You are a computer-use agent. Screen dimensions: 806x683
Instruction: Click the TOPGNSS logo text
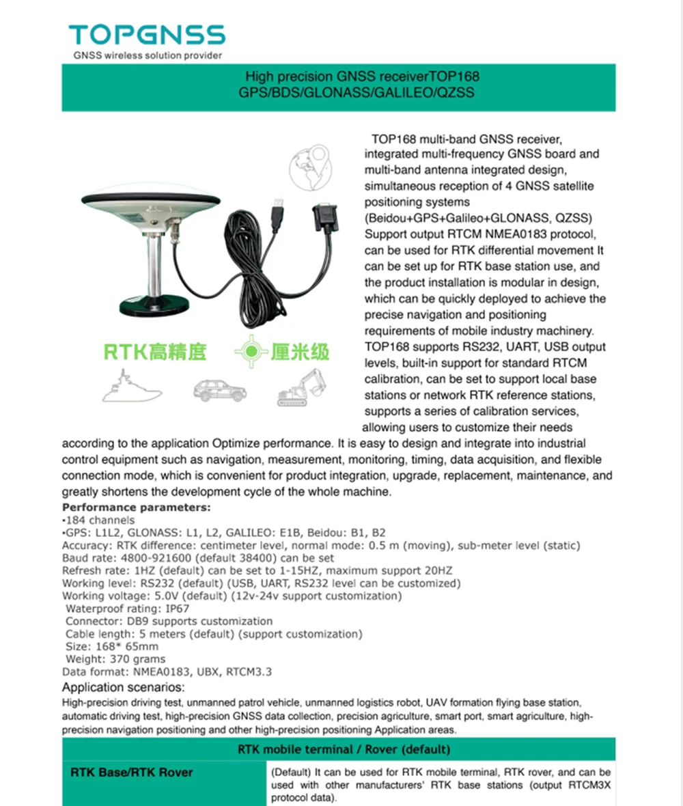[146, 36]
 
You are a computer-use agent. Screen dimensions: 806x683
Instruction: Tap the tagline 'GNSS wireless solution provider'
[148, 55]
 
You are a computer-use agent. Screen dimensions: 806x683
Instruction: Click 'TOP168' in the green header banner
[456, 77]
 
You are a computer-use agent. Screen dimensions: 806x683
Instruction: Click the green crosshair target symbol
[252, 352]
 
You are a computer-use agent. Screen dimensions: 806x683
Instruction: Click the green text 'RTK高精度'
[154, 352]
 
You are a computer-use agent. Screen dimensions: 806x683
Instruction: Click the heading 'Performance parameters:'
[137, 508]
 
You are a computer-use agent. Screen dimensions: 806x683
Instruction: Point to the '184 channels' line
[100, 520]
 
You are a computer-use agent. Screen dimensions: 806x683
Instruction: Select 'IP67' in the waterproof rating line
[176, 609]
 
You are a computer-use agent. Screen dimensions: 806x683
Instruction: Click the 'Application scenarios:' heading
[123, 687]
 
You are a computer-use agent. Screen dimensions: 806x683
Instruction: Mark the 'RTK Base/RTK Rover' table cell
[132, 773]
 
